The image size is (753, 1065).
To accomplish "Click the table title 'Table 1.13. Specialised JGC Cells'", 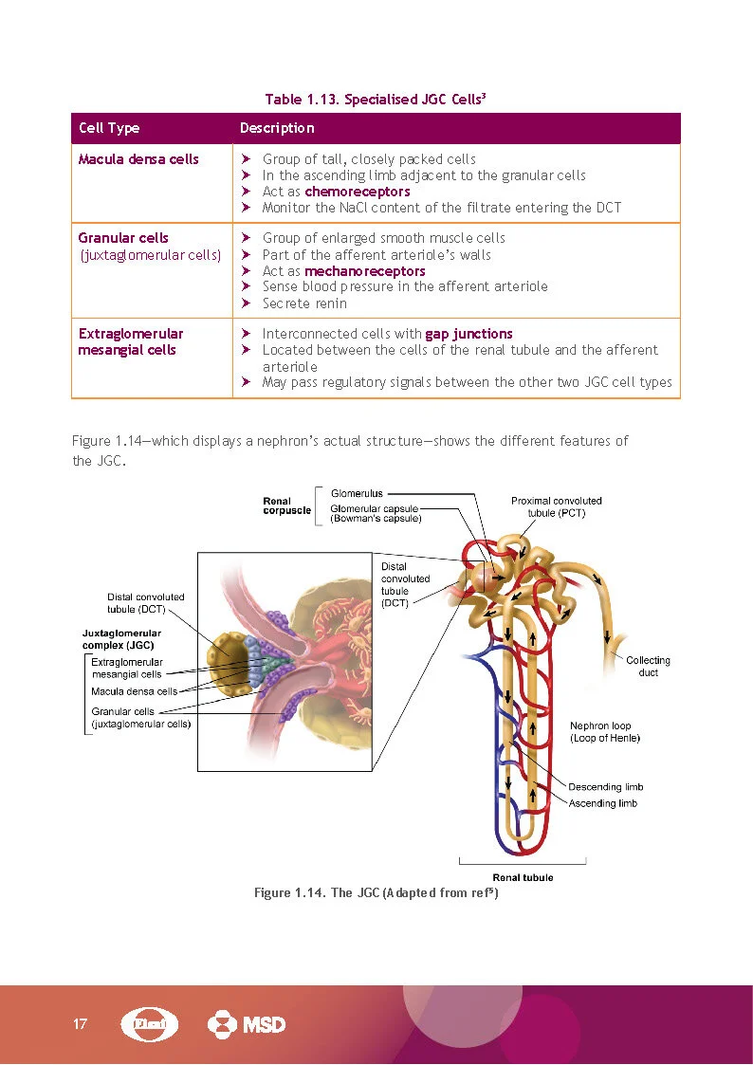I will tap(376, 100).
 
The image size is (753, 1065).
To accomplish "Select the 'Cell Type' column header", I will tap(109, 128).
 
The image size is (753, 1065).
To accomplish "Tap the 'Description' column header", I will tap(277, 128).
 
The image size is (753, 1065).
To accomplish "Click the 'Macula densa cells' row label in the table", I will tap(138, 159).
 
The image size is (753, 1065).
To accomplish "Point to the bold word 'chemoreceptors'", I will tap(358, 192).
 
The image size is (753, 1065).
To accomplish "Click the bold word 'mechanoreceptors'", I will tap(364, 271).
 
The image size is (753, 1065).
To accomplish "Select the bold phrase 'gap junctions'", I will tap(468, 334).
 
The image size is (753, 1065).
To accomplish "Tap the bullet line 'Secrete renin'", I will tap(304, 303).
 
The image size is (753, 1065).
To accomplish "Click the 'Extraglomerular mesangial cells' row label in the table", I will tap(131, 342).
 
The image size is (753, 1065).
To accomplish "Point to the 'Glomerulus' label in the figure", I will tap(357, 493).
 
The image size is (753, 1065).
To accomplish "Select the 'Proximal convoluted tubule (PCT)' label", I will tap(556, 506).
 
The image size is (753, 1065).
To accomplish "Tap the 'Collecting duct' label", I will tap(648, 666).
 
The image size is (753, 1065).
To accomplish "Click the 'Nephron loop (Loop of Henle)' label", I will tap(605, 731).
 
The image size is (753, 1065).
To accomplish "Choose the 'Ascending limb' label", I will tap(602, 803).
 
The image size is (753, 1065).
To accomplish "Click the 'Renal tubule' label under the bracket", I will tap(523, 877).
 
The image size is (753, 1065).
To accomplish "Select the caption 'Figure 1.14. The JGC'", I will tap(376, 893).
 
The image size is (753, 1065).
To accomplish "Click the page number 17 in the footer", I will tap(80, 1024).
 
